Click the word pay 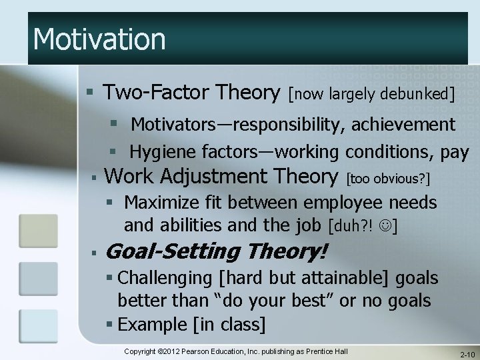pyautogui.click(x=454, y=152)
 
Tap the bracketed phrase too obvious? pyautogui.click(x=389, y=178)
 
